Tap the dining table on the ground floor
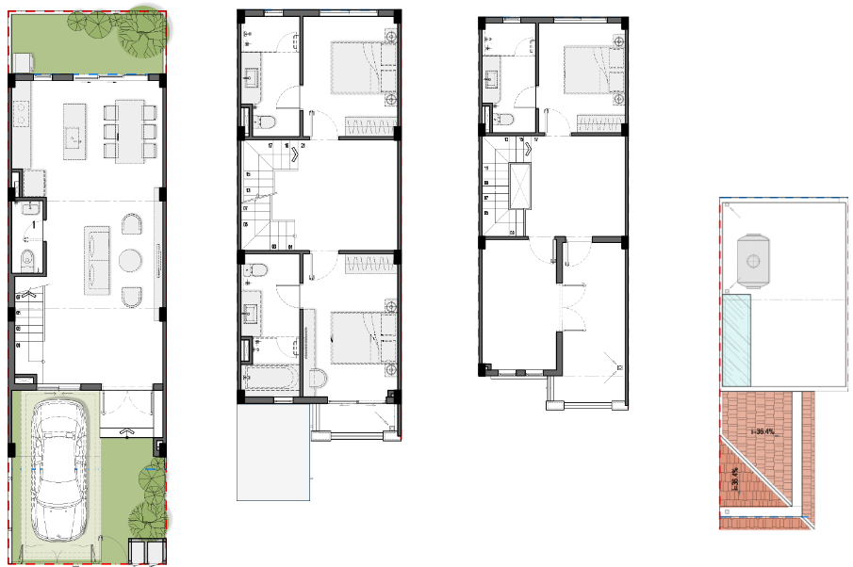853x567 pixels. tap(130, 130)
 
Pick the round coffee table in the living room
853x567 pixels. tap(130, 259)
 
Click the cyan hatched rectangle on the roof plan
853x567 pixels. tap(736, 341)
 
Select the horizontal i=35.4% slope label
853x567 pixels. tap(763, 432)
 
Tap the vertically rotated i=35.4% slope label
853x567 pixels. tap(735, 477)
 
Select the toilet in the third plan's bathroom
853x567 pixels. tap(504, 120)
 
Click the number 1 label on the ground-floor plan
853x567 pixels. tap(34, 225)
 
